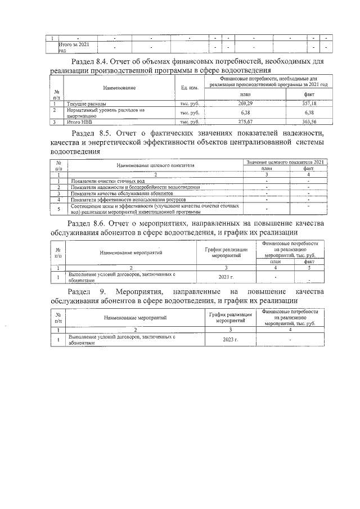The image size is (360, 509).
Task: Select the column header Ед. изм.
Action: (189, 88)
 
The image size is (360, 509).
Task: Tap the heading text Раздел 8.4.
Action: (92, 61)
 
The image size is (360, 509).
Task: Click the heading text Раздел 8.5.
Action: (95, 133)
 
